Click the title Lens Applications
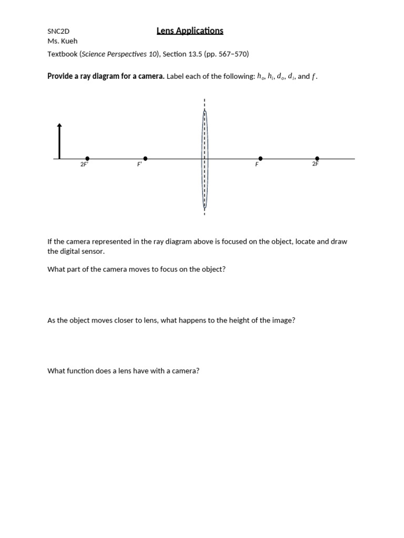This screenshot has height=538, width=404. point(190,31)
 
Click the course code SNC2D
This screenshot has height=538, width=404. point(58,32)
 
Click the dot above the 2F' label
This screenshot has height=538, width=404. point(87,158)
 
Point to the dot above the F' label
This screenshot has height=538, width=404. point(145,158)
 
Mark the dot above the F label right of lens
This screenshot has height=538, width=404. point(260,158)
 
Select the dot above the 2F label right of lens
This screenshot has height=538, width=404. point(317,158)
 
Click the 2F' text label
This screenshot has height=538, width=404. point(84,165)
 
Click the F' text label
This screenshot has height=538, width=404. point(140,165)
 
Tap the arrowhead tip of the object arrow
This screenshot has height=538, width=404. point(59,125)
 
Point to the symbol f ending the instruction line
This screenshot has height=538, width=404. point(314,77)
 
